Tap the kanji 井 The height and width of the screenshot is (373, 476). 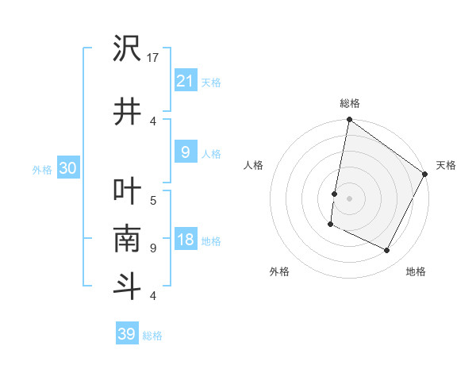click(128, 110)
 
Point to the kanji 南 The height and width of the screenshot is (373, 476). click(128, 239)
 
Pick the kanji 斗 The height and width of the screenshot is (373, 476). click(128, 285)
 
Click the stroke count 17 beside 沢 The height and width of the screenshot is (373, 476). click(154, 58)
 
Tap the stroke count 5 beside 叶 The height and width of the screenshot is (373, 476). click(153, 200)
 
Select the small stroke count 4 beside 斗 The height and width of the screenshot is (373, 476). click(153, 296)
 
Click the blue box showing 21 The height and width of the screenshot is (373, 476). click(185, 80)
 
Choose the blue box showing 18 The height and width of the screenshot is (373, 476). click(185, 240)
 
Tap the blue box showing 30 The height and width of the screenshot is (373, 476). click(67, 168)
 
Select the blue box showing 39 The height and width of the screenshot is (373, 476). click(127, 334)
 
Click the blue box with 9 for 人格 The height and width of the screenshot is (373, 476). click(185, 152)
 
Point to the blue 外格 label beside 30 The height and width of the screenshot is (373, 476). click(42, 169)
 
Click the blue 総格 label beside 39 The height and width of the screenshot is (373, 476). click(152, 335)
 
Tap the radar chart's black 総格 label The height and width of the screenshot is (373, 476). click(349, 103)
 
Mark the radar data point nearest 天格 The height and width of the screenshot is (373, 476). click(425, 175)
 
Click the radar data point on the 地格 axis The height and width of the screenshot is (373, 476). click(387, 251)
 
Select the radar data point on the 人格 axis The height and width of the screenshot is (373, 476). click(335, 194)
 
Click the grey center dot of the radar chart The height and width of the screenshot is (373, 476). click(349, 198)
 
